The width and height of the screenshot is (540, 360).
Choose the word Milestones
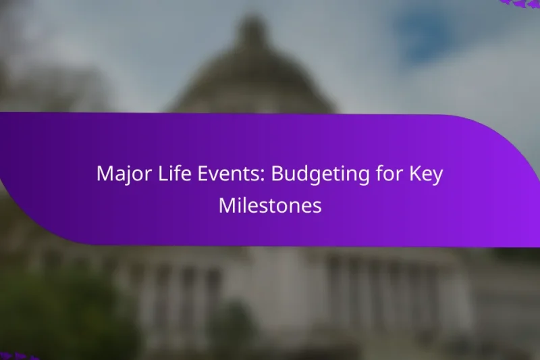(270, 206)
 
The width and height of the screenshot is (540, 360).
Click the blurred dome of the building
(253, 81)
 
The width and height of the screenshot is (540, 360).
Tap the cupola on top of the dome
(254, 30)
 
